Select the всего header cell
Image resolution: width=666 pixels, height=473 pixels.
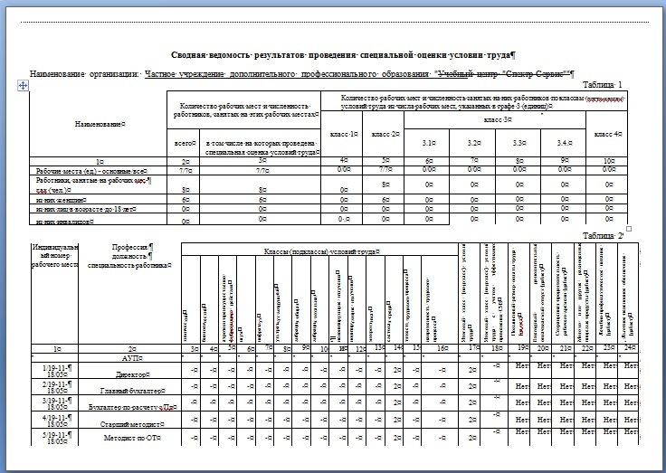click(185, 143)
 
